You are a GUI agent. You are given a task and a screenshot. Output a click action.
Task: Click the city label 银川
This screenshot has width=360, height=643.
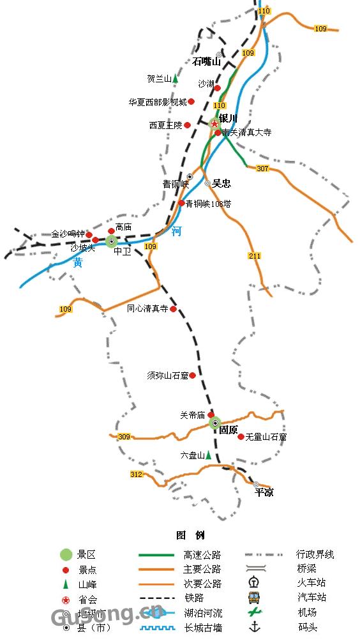pyautogui.click(x=228, y=118)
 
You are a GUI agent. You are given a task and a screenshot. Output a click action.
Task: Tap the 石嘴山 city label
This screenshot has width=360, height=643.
pyautogui.click(x=206, y=62)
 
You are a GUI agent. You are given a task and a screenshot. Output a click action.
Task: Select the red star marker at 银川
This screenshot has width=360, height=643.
pyautogui.click(x=214, y=123)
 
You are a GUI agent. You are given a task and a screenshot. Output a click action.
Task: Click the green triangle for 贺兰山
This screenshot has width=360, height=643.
pyautogui.click(x=175, y=79)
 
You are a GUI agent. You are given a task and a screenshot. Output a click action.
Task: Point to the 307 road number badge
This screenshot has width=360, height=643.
pyautogui.click(x=262, y=169)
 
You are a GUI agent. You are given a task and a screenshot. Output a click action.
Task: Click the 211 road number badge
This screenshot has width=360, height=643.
pyautogui.click(x=255, y=256)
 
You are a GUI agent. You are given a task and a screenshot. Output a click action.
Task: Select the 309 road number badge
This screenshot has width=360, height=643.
pyautogui.click(x=124, y=437)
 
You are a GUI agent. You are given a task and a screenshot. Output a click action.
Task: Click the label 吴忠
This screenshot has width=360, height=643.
pyautogui.click(x=221, y=183)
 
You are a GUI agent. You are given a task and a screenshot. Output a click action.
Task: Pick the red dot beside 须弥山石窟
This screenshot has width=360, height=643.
pyautogui.click(x=193, y=375)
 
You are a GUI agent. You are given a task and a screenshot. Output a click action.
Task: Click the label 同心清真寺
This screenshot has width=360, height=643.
pyautogui.click(x=147, y=308)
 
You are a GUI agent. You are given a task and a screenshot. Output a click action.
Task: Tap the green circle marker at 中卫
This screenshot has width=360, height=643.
pyautogui.click(x=112, y=241)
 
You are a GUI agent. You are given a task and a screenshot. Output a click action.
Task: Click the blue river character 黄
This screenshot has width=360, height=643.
pyautogui.click(x=78, y=262)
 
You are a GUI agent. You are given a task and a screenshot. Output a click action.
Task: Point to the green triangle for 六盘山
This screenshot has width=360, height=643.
pyautogui.click(x=208, y=455)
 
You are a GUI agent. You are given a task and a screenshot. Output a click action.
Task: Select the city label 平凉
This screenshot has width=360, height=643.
pyautogui.click(x=264, y=492)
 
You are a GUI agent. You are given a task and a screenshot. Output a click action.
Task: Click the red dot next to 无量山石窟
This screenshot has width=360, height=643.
pyautogui.click(x=241, y=437)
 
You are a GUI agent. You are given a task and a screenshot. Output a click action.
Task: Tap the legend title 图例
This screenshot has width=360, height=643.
pyautogui.click(x=190, y=535)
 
